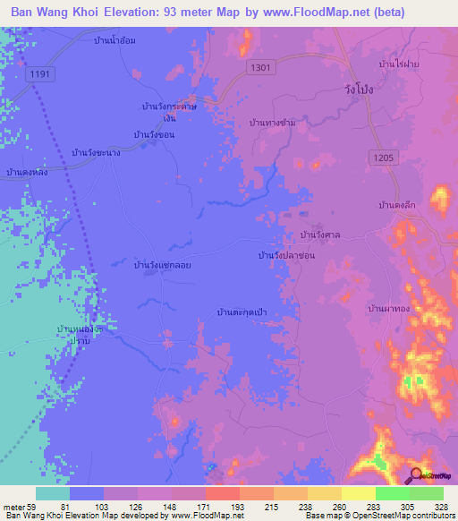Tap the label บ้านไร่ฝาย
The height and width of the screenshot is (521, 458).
400,64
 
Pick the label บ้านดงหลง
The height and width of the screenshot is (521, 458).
26,171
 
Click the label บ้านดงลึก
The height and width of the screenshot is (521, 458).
399,205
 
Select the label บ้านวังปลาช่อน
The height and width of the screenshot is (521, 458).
286,255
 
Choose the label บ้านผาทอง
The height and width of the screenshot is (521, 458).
390,307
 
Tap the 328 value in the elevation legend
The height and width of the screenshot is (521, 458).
443,506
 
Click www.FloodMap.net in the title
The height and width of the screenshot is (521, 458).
303,13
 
